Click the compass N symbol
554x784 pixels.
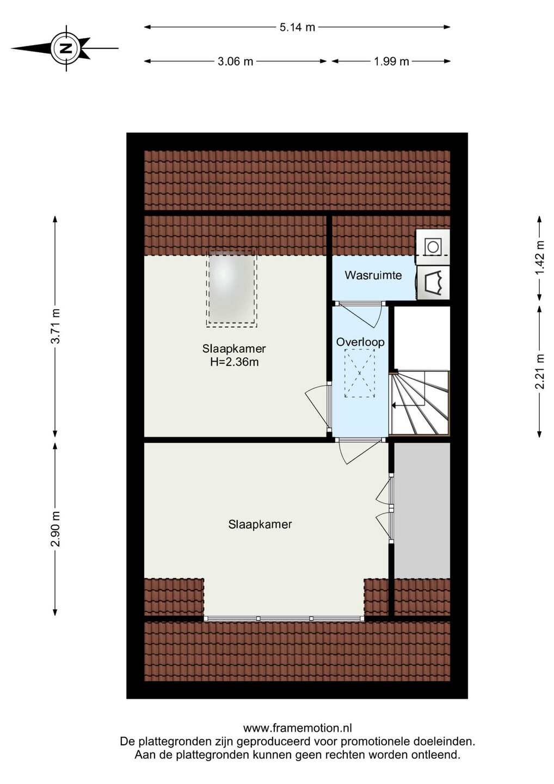66,48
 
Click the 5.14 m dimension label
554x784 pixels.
297,27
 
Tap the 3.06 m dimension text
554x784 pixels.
235,62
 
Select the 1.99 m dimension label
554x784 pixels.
391,62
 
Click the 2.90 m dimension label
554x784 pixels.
56,529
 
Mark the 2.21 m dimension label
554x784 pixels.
540,371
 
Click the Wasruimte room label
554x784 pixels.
373,275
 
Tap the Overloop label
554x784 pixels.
360,342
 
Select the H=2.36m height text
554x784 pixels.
235,362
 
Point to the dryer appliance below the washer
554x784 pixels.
433,283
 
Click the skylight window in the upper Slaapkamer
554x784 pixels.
231,289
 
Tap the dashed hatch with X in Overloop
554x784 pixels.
360,373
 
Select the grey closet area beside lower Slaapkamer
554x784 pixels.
422,511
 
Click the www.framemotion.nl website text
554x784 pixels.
298,728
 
